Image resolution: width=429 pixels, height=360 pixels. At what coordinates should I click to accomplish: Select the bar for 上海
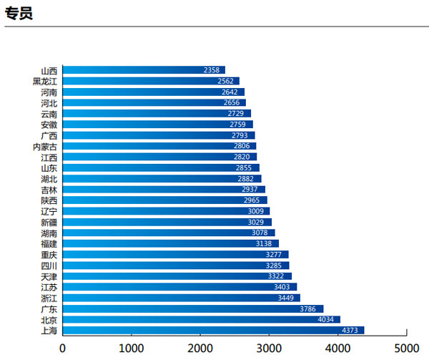(213, 330)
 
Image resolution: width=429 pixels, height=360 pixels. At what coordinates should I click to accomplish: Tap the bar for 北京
(201, 319)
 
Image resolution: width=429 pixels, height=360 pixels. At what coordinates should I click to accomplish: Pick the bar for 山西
(143, 70)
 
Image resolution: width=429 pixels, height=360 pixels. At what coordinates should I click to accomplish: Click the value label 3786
(307, 308)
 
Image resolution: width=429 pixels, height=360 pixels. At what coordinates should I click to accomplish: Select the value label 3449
(285, 298)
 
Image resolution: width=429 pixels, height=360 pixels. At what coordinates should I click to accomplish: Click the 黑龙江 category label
(45, 81)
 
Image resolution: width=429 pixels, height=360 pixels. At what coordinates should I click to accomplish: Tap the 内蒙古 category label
(45, 146)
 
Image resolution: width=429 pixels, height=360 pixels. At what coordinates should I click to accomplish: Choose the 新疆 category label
(49, 222)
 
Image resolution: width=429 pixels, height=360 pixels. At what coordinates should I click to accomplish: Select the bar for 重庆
(175, 254)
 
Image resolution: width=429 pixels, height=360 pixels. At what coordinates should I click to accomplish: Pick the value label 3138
(264, 243)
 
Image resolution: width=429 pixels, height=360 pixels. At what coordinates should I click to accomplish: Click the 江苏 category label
(49, 287)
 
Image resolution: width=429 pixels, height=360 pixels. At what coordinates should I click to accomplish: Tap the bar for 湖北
(162, 178)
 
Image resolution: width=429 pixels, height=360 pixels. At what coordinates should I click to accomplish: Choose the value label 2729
(236, 114)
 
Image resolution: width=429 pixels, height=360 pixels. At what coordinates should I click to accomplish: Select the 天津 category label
(49, 276)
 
